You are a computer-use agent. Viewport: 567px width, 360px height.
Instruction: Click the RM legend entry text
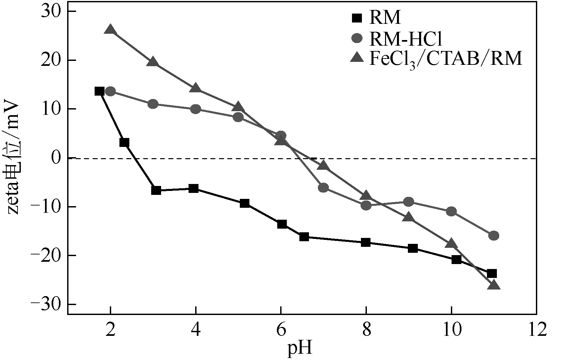(385, 18)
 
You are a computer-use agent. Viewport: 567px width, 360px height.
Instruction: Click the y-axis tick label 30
(51, 12)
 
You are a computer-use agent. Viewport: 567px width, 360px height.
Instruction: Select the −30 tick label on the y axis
(46, 304)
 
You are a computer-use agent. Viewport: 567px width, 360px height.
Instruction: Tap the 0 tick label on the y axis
(57, 158)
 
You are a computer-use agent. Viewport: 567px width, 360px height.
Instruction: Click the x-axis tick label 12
(536, 331)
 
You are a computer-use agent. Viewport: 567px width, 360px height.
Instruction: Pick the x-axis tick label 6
(281, 331)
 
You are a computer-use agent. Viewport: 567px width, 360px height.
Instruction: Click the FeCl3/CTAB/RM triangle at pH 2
(110, 30)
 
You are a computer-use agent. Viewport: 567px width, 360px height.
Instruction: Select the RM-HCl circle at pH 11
(494, 236)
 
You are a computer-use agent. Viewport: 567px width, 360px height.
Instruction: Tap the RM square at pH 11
(492, 273)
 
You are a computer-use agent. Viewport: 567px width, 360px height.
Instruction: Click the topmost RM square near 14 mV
(99, 91)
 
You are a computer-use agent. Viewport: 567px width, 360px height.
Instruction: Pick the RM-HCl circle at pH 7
(323, 188)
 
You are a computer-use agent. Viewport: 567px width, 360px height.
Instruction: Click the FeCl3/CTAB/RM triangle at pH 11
(494, 285)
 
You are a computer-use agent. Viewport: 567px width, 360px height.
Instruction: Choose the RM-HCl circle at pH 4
(196, 109)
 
